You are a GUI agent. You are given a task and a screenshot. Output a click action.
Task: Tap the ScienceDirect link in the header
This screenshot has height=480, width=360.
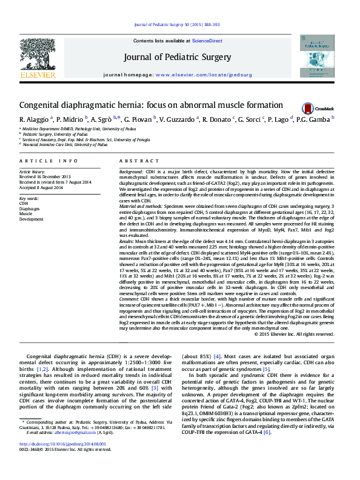tap(207, 40)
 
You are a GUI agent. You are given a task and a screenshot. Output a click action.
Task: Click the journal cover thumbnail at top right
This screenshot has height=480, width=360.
tap(318, 57)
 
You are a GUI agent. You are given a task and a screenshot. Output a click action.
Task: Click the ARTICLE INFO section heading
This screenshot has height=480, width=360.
tap(49, 161)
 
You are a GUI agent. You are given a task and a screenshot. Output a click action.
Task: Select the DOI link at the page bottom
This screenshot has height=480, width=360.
tap(62, 461)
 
